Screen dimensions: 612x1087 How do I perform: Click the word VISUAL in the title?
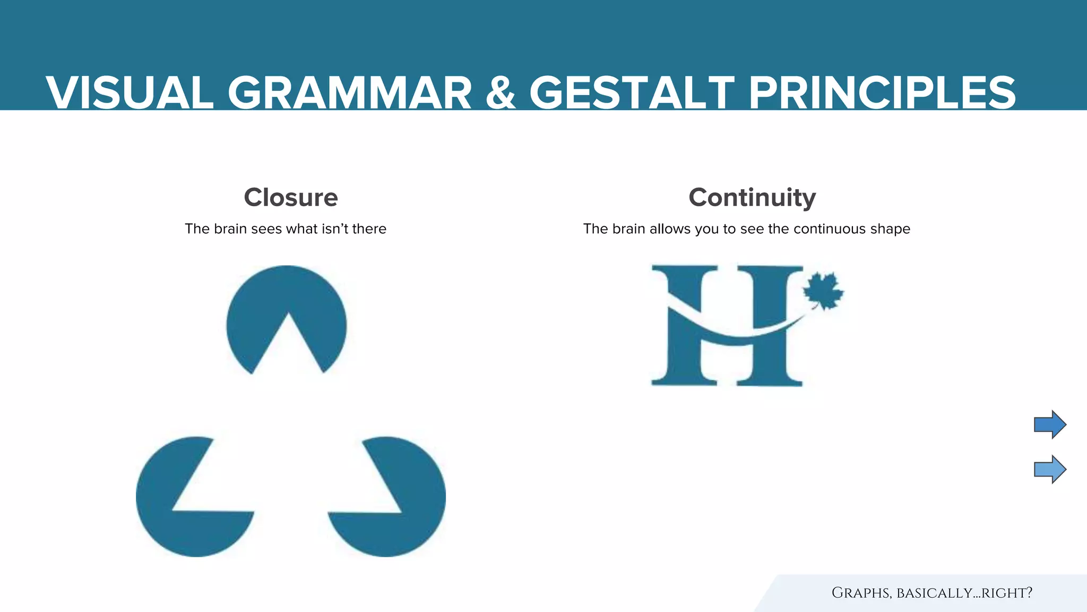tap(130, 93)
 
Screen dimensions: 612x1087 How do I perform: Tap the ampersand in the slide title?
tap(501, 93)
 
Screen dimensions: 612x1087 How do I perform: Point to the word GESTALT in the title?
tap(632, 93)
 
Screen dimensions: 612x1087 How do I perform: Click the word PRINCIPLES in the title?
tap(882, 93)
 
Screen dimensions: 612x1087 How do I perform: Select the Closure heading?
tap(291, 198)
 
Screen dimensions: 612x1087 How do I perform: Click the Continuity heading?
tap(752, 198)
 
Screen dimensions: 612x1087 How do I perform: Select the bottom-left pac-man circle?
tap(180, 531)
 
